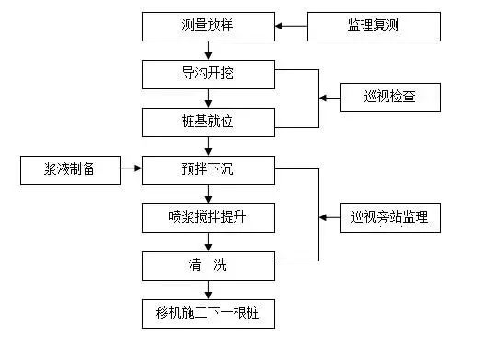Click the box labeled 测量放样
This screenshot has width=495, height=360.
coord(208,27)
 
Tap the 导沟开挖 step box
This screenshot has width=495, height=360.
coord(208,74)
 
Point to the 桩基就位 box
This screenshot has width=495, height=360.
coord(208,122)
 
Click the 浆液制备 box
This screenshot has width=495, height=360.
coord(70,169)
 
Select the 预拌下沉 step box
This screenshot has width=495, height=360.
coord(208,169)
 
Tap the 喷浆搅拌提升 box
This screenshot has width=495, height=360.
coord(208,218)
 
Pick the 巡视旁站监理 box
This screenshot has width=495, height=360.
coord(390,218)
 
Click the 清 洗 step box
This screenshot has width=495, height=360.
coord(208,266)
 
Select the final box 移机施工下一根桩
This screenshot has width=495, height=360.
coord(208,314)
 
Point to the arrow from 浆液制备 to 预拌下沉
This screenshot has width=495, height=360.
coord(131,169)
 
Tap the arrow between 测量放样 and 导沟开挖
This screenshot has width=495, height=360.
coord(209,51)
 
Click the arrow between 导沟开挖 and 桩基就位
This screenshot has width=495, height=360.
coord(209,98)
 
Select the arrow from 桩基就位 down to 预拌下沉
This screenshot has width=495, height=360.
coord(209,145)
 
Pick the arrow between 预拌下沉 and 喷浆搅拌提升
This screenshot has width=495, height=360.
coord(209,193)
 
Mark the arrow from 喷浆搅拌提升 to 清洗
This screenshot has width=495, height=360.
coord(209,242)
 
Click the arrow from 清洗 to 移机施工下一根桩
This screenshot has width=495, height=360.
coord(209,290)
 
